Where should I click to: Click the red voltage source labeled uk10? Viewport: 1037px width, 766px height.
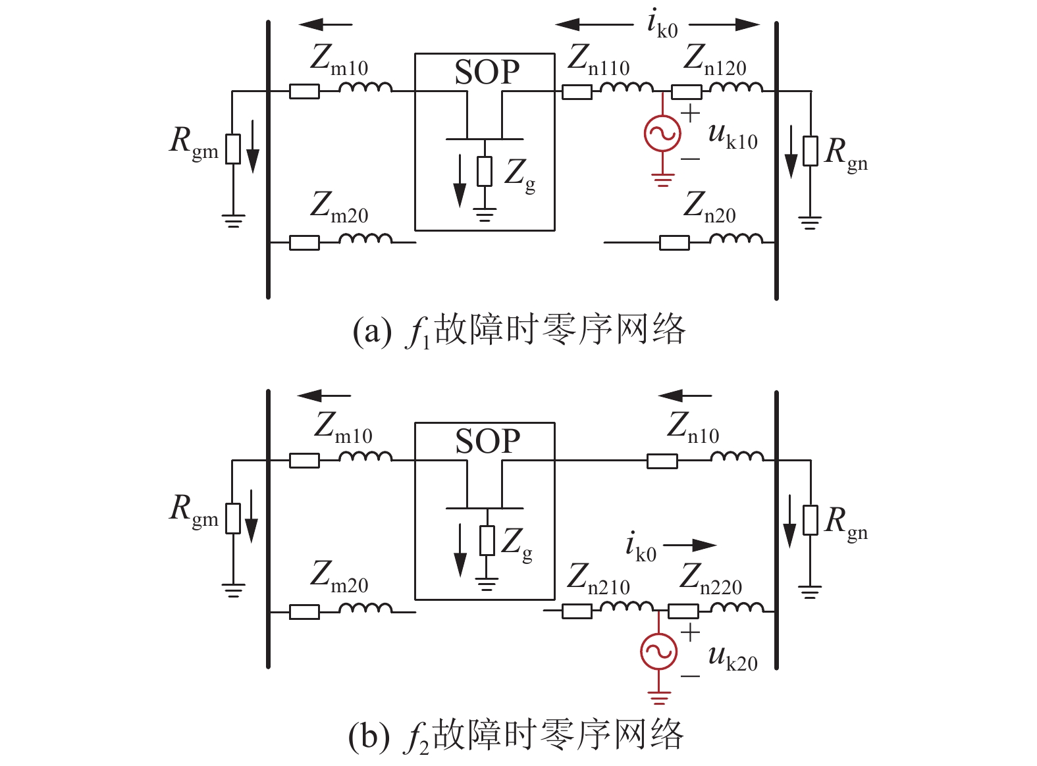[x=662, y=133]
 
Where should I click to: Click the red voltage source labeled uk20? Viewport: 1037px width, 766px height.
[x=658, y=651]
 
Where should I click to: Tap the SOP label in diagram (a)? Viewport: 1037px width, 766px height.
[x=487, y=72]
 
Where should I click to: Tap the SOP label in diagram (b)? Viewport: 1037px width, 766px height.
[x=487, y=441]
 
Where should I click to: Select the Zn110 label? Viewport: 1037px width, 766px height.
[x=598, y=60]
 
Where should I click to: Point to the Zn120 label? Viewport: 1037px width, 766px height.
[x=714, y=60]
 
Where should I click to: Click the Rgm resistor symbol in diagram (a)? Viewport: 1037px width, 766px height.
[x=233, y=149]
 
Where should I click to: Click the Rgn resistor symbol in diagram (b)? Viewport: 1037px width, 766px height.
[x=811, y=520]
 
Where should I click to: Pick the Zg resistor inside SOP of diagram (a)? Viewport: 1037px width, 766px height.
[x=485, y=172]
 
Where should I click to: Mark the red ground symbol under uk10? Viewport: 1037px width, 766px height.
[x=662, y=180]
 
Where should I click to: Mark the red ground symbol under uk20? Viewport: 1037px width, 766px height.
[x=658, y=698]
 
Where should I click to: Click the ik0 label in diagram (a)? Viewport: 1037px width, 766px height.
[x=662, y=24]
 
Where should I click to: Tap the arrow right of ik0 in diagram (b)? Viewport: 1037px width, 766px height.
[x=690, y=545]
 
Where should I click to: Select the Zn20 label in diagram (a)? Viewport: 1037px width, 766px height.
[x=709, y=207]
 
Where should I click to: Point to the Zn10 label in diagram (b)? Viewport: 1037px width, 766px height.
[x=693, y=428]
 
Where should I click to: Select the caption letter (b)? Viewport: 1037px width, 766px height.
[x=369, y=737]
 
